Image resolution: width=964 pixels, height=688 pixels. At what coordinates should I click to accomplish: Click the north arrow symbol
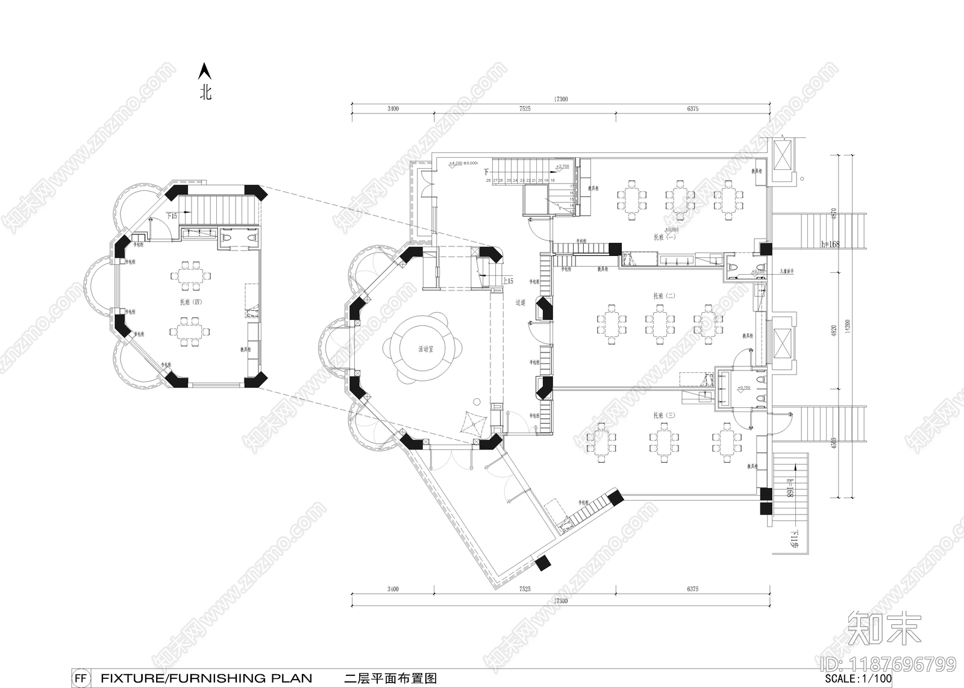205,72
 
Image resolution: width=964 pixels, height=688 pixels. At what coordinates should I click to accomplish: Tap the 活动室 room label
425,349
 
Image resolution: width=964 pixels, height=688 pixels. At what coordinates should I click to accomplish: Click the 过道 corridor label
522,303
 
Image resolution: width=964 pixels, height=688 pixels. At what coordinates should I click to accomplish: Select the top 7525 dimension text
524,110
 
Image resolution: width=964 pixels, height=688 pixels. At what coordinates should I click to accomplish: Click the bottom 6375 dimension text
692,589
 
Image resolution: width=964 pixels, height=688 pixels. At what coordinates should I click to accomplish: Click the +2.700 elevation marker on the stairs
562,166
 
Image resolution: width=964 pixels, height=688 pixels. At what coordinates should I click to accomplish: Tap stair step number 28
489,180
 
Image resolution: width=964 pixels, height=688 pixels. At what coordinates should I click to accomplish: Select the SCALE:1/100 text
858,678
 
